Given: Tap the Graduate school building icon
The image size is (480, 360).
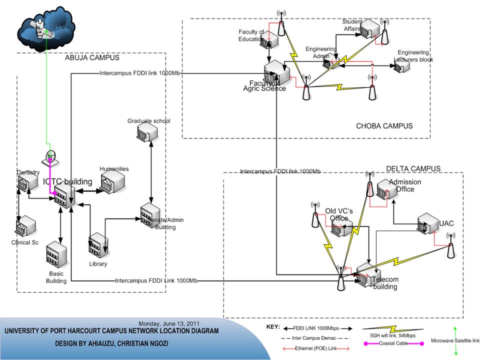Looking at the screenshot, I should pos(147,132).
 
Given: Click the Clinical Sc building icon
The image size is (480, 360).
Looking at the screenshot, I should pos(25,226).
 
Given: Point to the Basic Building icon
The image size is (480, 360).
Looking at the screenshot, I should pos(56,255).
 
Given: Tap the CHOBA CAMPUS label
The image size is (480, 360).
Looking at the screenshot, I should pos(384,126).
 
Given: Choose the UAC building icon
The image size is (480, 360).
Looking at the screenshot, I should pos(428,223).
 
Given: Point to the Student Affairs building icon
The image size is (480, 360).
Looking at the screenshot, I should pos(370,29).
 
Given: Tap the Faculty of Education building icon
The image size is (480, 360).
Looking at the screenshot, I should pos(268,39).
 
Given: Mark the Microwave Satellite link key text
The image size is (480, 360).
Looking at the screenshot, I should pos(455,341).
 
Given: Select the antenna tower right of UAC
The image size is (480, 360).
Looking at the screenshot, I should pos(450,246).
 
